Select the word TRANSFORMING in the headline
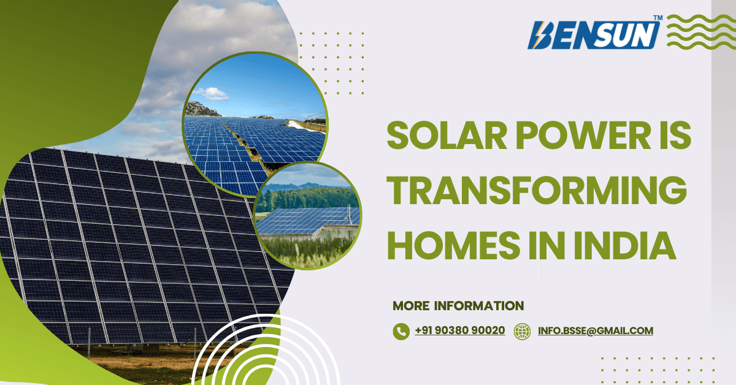(x=535, y=192)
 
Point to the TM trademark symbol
(x=657, y=19)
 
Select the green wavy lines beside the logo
(x=697, y=32)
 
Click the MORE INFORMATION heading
(x=458, y=305)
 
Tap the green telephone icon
(x=401, y=332)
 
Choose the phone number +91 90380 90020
(x=460, y=330)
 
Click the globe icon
(x=522, y=332)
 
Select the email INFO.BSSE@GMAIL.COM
(x=595, y=330)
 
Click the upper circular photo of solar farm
(x=256, y=123)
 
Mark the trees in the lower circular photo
(x=307, y=197)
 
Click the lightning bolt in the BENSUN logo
(x=540, y=36)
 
